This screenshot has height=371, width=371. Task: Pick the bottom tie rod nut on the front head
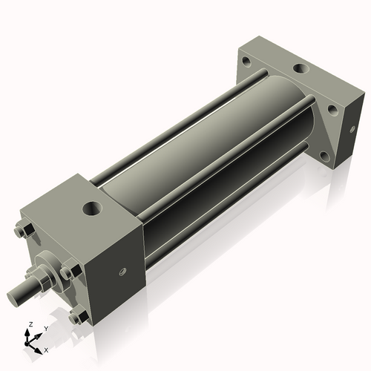tap(76, 318)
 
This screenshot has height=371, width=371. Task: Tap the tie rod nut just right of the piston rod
tap(68, 273)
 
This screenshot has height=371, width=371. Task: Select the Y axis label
tap(45, 328)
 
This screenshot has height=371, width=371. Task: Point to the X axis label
tap(46, 349)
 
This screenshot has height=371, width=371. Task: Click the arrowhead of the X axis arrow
tap(39, 347)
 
